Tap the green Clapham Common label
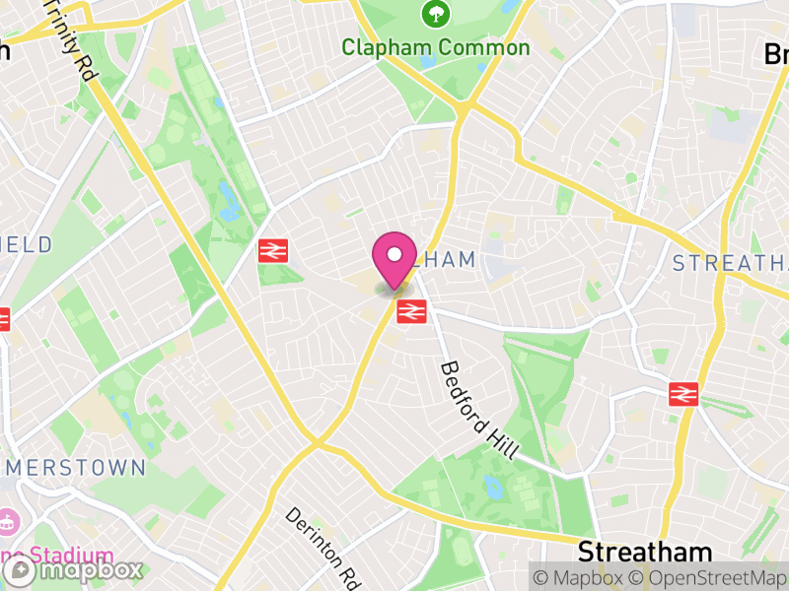[435, 47]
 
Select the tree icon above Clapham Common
[435, 15]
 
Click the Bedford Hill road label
[478, 410]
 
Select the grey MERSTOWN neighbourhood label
[74, 467]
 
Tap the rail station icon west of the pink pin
[272, 251]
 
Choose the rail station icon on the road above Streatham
[682, 394]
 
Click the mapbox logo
[74, 570]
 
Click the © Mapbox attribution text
[583, 576]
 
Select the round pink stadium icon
[7, 520]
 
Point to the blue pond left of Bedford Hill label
[491, 484]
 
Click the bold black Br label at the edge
[776, 55]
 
